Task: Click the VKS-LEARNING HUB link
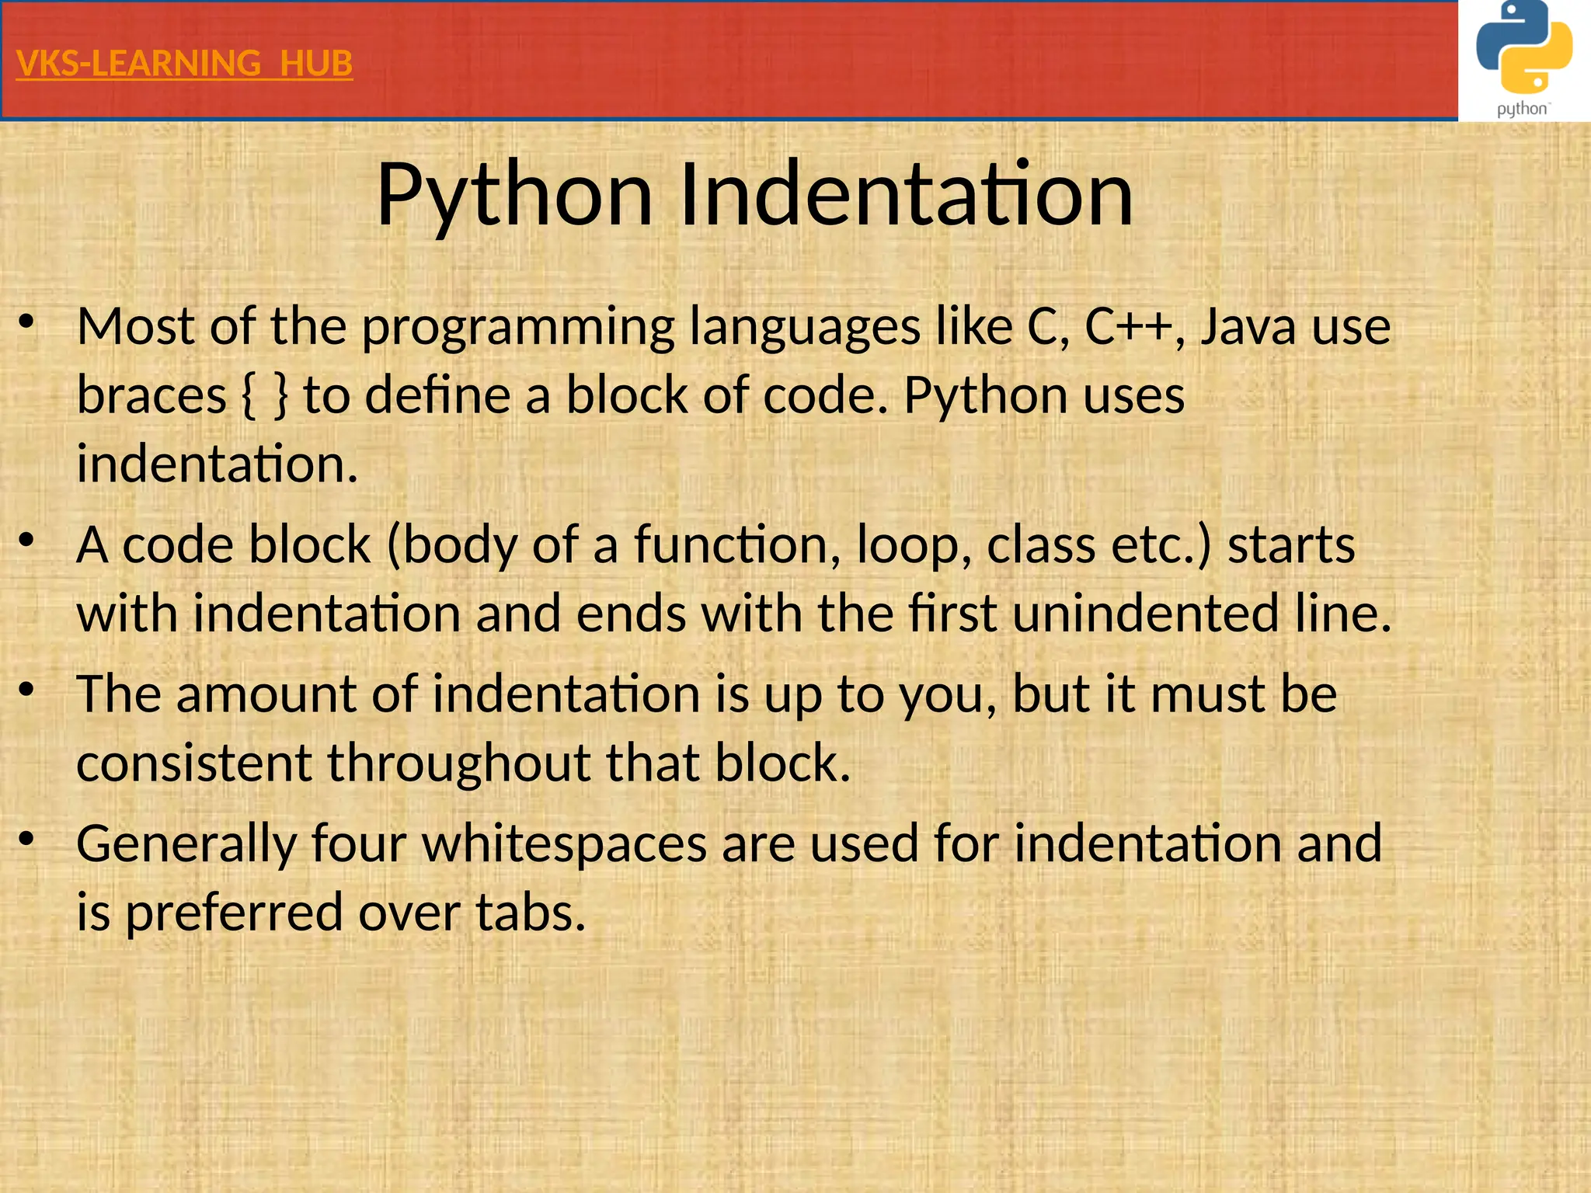tap(184, 63)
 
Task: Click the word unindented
tap(1145, 614)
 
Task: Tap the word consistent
tap(194, 763)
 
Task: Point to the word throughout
tap(458, 763)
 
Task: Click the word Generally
tap(186, 844)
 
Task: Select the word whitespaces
tap(564, 844)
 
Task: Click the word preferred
tap(234, 913)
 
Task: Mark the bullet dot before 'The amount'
tap(27, 688)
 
